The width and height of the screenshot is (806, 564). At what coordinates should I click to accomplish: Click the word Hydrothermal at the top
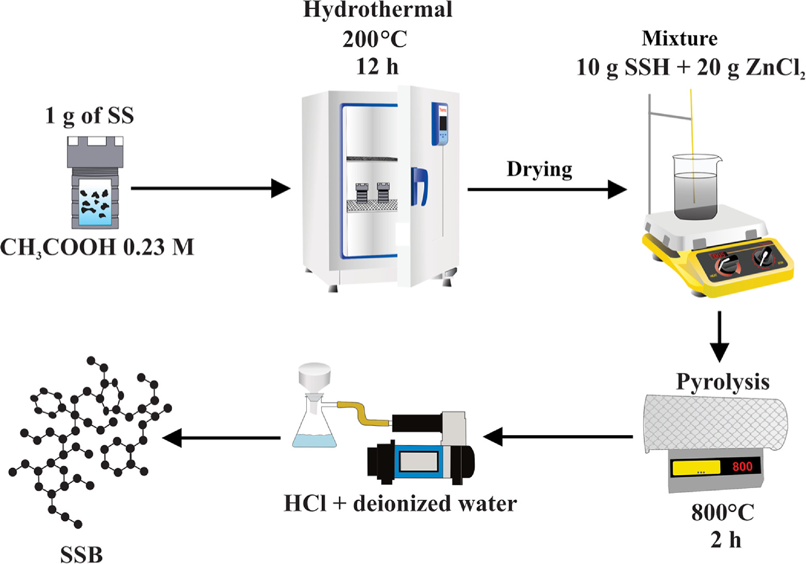click(378, 10)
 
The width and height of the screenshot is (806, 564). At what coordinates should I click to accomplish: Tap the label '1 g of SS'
click(89, 115)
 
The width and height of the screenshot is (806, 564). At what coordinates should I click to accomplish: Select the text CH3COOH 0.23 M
click(97, 248)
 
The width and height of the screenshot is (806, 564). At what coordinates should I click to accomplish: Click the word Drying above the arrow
click(539, 170)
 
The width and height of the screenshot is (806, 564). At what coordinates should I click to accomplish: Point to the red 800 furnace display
click(742, 467)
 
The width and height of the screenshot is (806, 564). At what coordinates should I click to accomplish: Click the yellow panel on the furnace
click(696, 468)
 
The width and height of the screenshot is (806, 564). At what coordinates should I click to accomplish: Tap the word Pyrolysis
click(722, 382)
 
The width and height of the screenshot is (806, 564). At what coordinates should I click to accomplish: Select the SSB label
click(81, 555)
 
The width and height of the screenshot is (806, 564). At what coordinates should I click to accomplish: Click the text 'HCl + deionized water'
click(400, 503)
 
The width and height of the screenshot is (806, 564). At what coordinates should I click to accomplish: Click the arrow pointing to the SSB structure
click(222, 438)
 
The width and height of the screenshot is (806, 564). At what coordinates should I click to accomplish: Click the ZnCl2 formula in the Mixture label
click(775, 68)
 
